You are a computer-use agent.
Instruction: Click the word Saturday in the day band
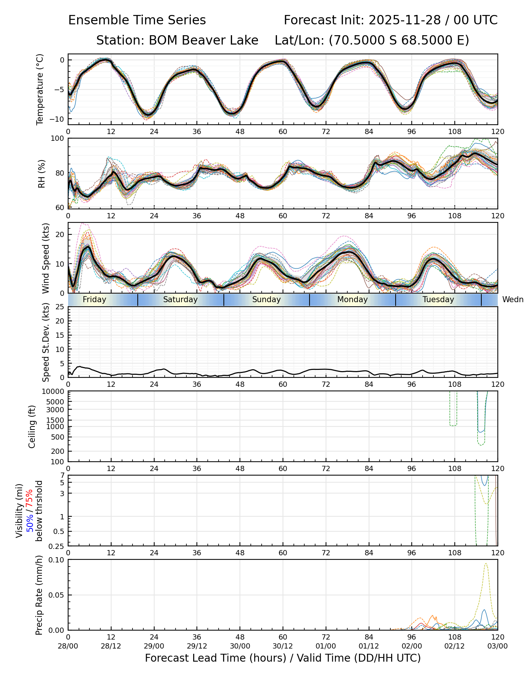point(180,300)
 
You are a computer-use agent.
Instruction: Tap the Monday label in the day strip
point(352,300)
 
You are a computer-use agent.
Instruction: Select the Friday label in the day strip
point(94,300)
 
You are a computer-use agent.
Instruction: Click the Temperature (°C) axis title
point(40,89)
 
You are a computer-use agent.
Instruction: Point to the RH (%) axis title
point(42,173)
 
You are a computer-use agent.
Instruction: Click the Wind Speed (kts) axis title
point(46,258)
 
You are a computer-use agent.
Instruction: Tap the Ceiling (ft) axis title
point(32,426)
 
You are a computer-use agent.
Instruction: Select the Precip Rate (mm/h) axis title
point(39,595)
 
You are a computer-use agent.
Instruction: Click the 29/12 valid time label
point(197,646)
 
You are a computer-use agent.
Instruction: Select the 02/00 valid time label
point(412,646)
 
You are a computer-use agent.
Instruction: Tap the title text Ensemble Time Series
point(137,20)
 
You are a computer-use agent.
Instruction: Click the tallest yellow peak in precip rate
point(486,564)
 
